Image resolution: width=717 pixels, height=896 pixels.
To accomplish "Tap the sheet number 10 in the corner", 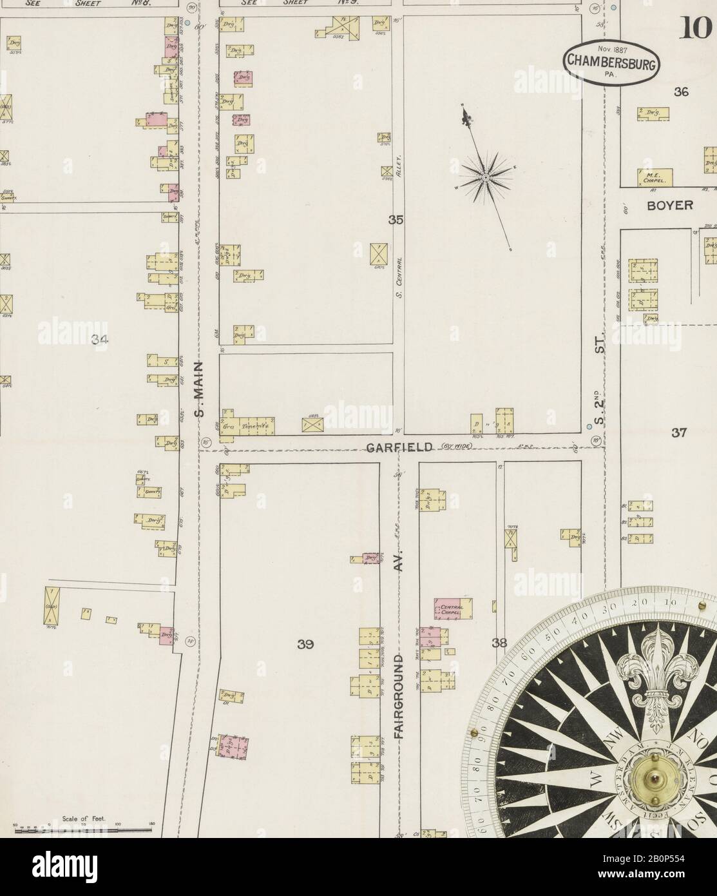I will tap(695, 28).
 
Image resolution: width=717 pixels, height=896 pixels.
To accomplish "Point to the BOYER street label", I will tap(670, 205).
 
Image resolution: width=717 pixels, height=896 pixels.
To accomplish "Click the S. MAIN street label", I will tap(199, 389).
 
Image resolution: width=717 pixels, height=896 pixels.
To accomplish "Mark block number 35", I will tap(396, 220).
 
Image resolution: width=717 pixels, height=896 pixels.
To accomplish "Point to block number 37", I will tap(678, 433).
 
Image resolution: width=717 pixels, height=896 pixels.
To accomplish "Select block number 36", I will tap(681, 92).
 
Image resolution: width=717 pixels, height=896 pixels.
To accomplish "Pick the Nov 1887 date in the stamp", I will tap(612, 49).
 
